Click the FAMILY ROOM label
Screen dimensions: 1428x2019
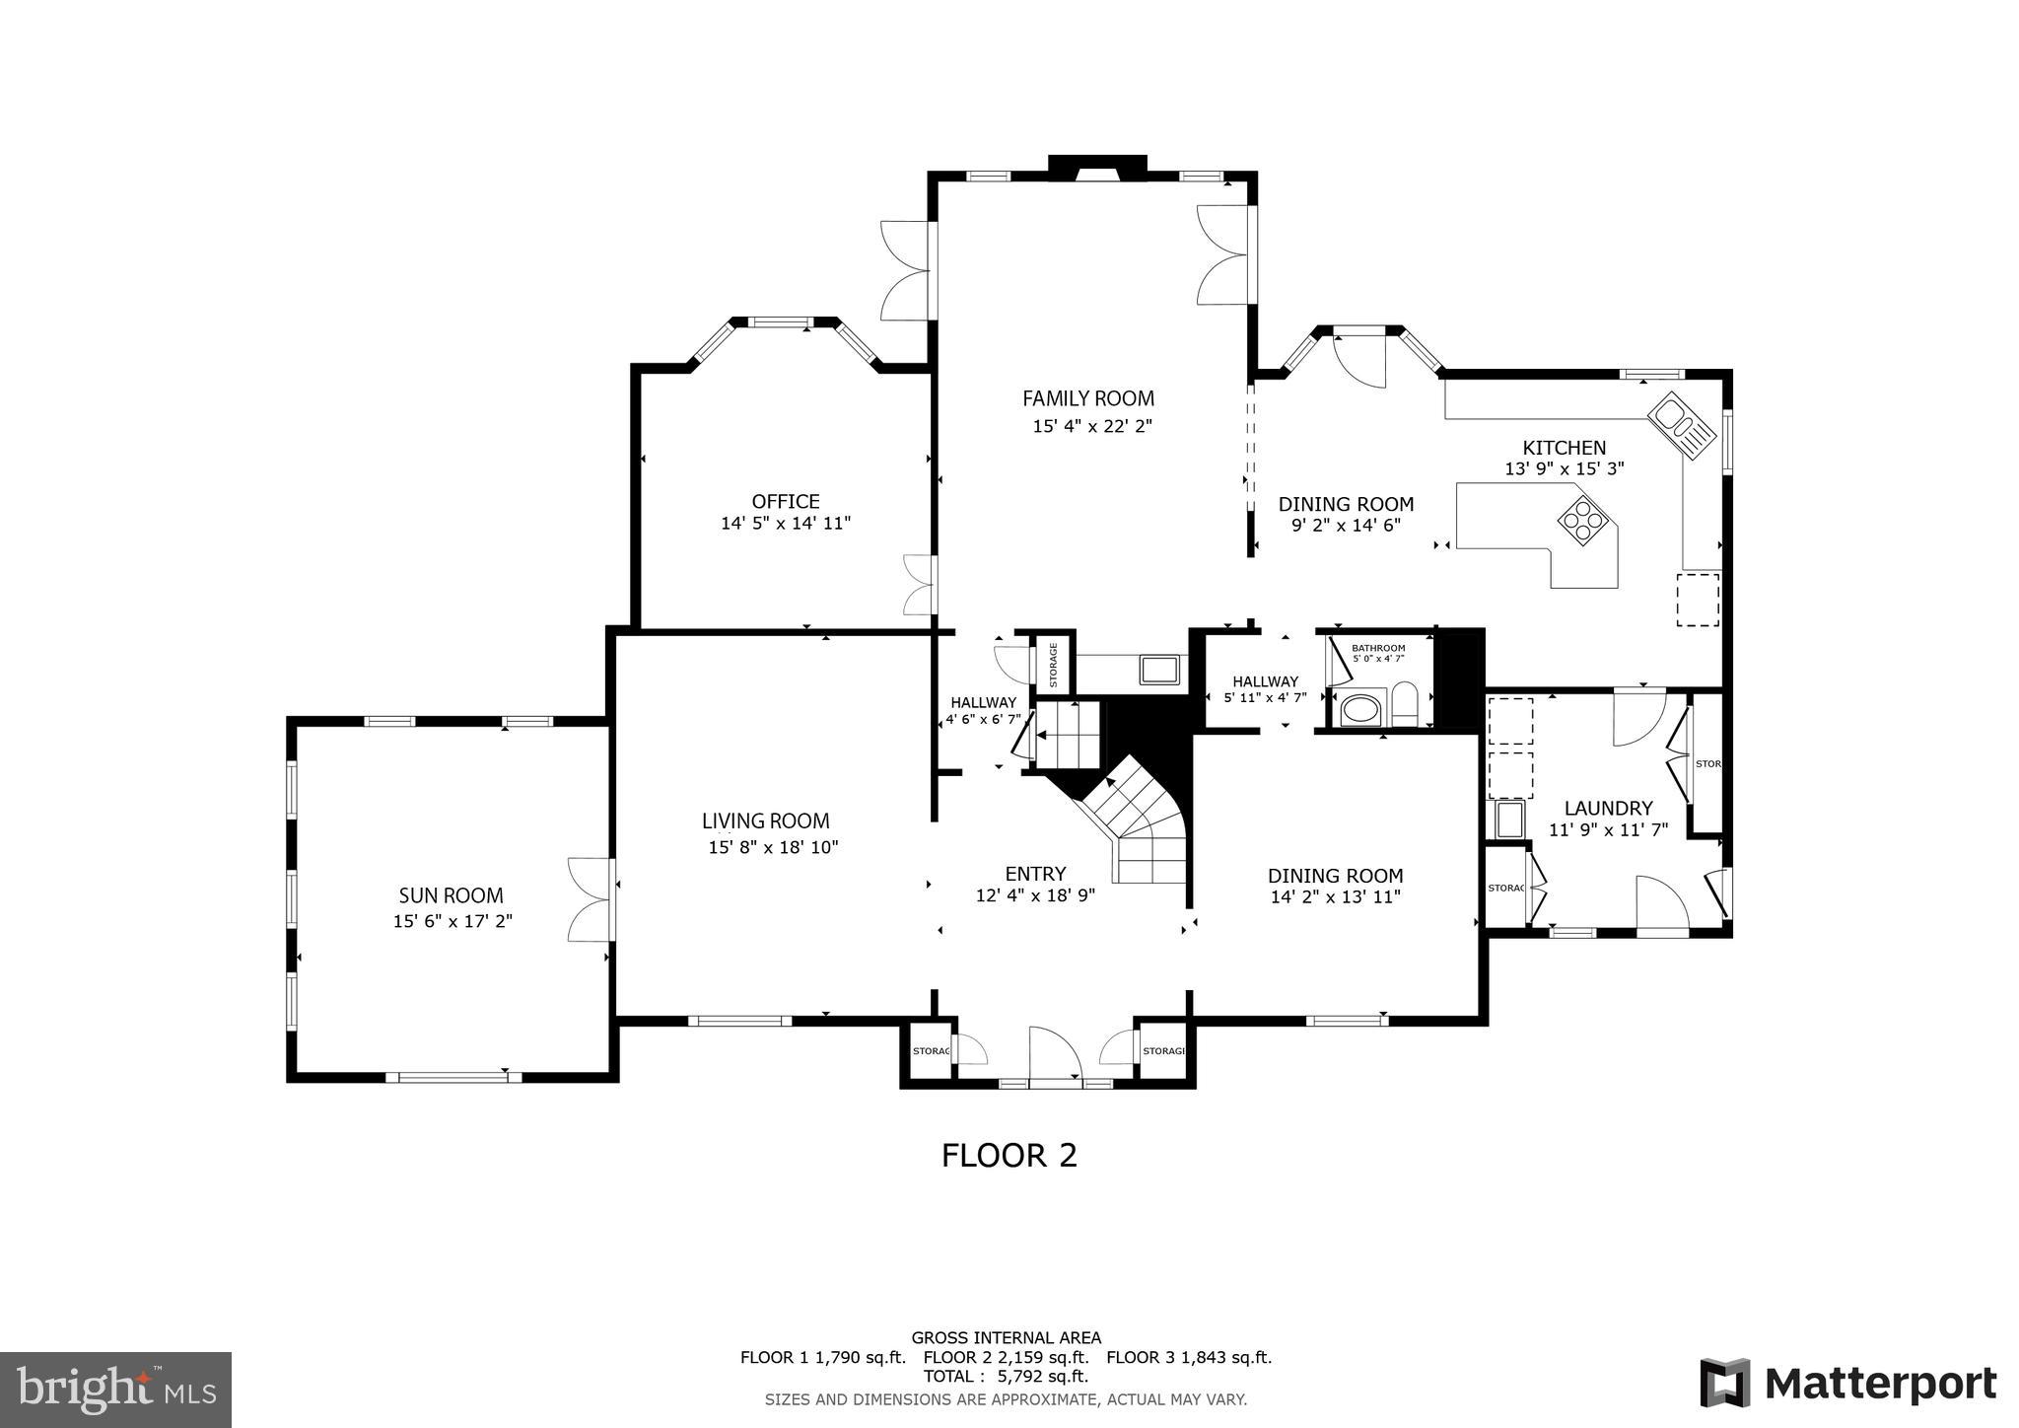pyautogui.click(x=1087, y=398)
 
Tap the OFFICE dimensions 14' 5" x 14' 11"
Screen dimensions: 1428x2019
pyautogui.click(x=785, y=524)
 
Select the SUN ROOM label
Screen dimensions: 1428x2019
pyautogui.click(x=451, y=895)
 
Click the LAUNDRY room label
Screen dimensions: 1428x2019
pyautogui.click(x=1607, y=808)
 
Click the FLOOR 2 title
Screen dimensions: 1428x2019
pyautogui.click(x=1009, y=1155)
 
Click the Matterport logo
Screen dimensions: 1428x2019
pyautogui.click(x=1848, y=1384)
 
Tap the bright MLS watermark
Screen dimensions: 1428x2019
pyautogui.click(x=115, y=1390)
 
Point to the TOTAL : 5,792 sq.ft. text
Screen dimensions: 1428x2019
pyautogui.click(x=1006, y=1376)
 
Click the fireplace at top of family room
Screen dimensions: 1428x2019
pyautogui.click(x=1096, y=169)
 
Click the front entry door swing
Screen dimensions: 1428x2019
pyautogui.click(x=1054, y=1055)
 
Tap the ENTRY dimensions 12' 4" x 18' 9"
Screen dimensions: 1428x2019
pyautogui.click(x=1035, y=895)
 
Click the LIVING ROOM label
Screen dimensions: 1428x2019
pyautogui.click(x=765, y=821)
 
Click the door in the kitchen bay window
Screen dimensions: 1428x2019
pyautogui.click(x=1361, y=359)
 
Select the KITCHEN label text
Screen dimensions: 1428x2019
pyautogui.click(x=1564, y=448)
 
